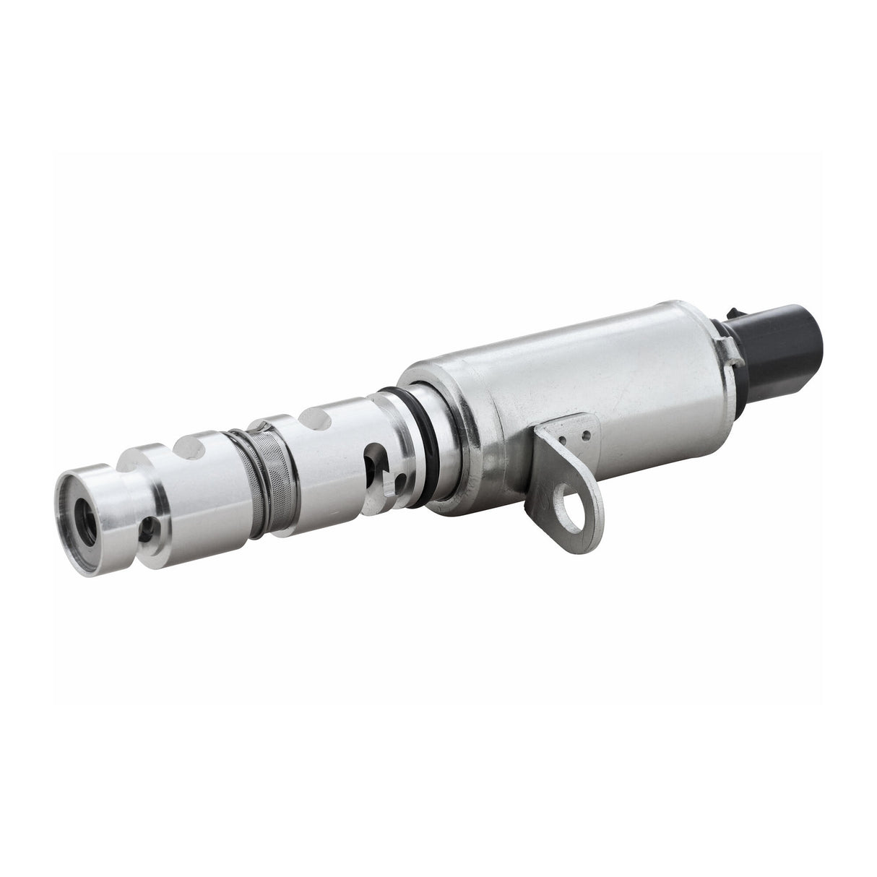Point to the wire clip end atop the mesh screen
click(x=253, y=449)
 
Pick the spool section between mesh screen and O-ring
click(x=340, y=462)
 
